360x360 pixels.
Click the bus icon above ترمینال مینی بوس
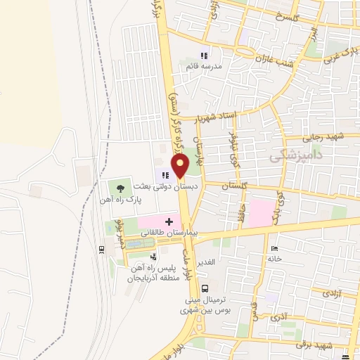(x=205, y=288)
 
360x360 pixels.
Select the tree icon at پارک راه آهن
(x=120, y=188)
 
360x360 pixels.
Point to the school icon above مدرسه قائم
(x=204, y=56)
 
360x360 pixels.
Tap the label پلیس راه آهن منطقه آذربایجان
(x=150, y=272)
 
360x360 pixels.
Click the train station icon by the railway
(x=103, y=249)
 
